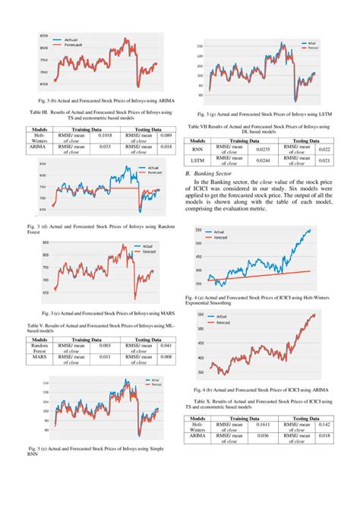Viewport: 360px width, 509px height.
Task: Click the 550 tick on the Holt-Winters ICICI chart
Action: click(200, 229)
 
